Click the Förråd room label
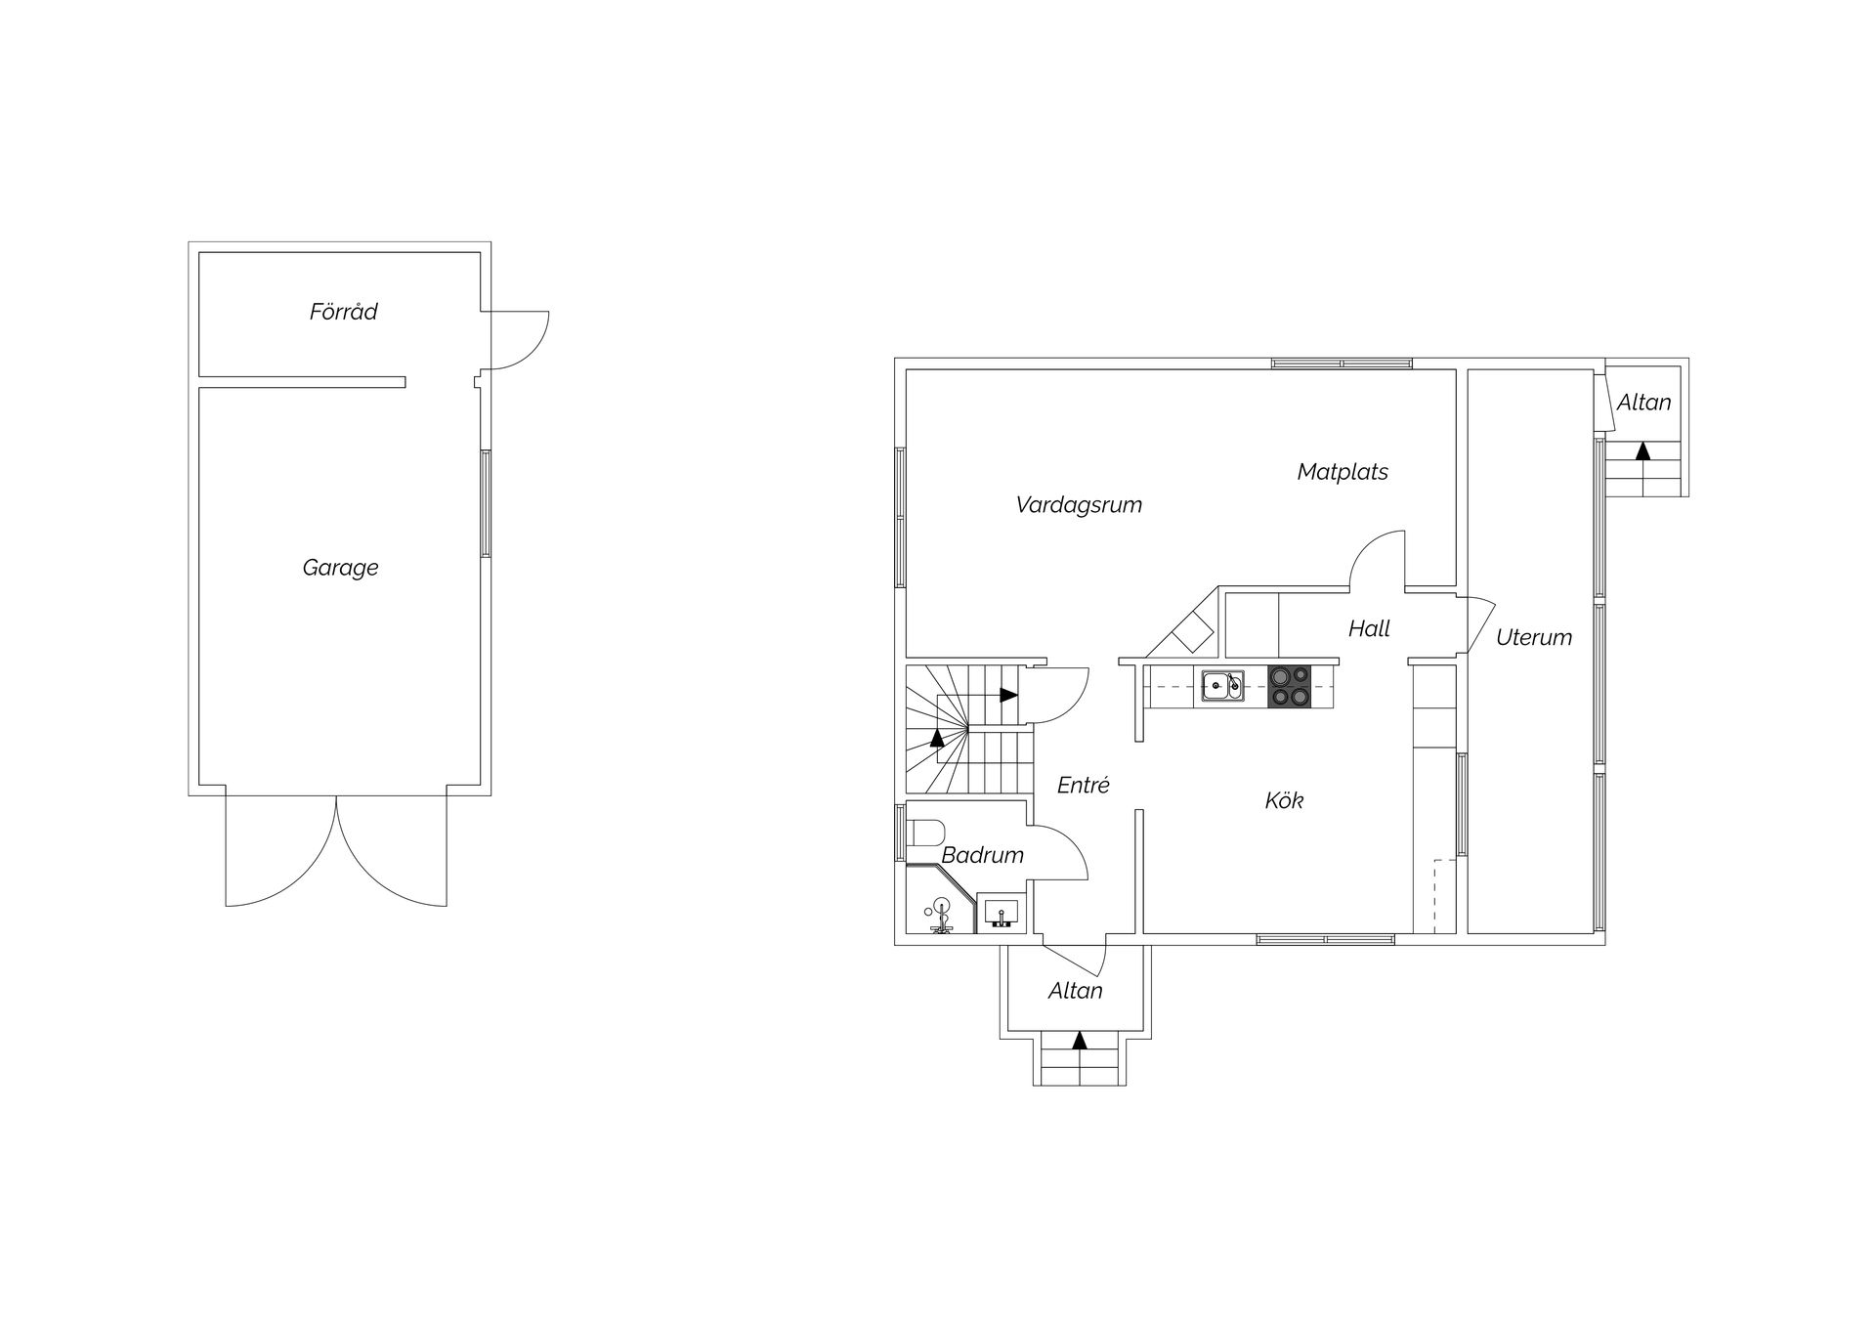[x=343, y=312]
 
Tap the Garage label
[x=340, y=568]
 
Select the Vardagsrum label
[x=1079, y=505]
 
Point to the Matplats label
[x=1343, y=472]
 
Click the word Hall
[x=1369, y=629]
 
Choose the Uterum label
[x=1534, y=638]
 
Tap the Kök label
[x=1284, y=800]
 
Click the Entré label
[x=1084, y=785]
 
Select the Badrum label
[x=982, y=855]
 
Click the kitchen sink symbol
[x=1223, y=686]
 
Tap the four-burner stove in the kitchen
[x=1290, y=686]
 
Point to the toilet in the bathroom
[x=924, y=833]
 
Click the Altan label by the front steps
[x=1075, y=991]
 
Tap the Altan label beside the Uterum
[x=1643, y=403]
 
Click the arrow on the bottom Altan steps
[x=1079, y=1040]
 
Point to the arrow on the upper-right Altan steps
[x=1642, y=450]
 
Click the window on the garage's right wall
[x=486, y=503]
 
